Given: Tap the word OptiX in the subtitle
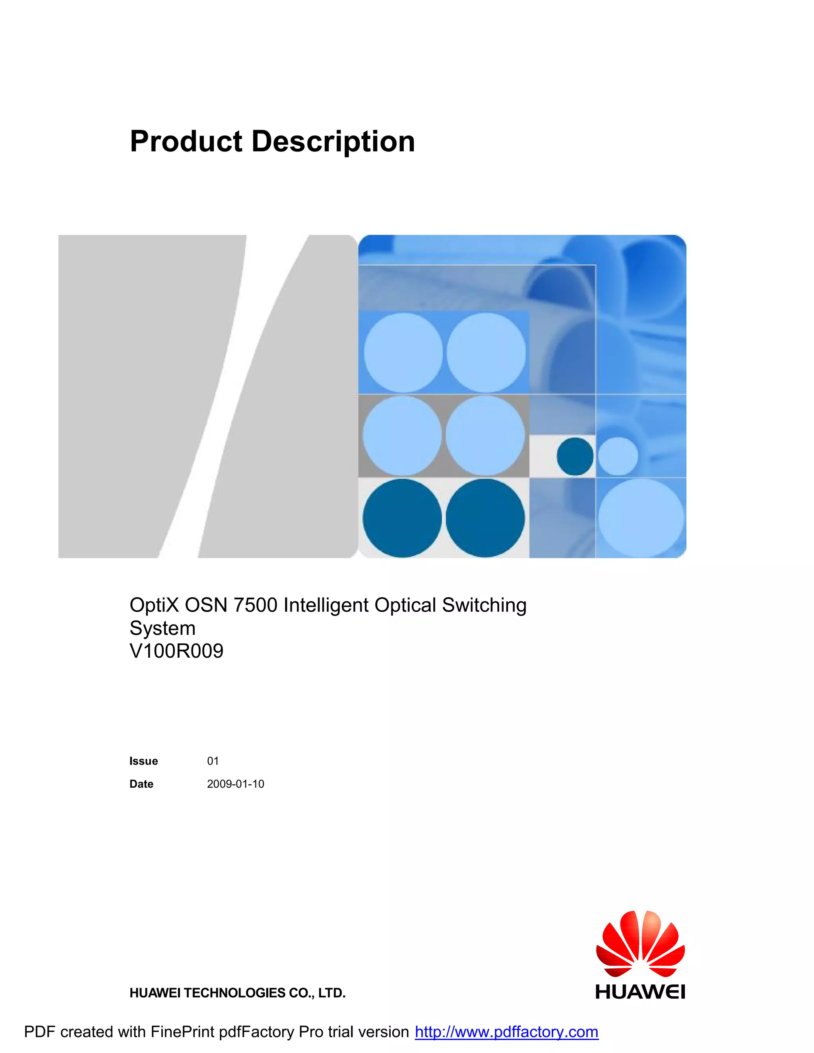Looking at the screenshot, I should [x=154, y=605].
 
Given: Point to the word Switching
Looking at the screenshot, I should [x=484, y=605].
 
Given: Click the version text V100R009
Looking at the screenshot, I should [x=176, y=651].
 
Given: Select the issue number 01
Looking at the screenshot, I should [x=213, y=761].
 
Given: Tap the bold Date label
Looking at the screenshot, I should [x=141, y=784].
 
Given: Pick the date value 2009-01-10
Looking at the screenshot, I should [x=235, y=784].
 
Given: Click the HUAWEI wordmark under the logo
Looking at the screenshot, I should [x=640, y=992].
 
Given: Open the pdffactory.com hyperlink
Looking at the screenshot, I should [x=506, y=1032].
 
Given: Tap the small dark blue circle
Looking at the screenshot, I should [x=575, y=456].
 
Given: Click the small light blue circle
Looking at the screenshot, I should [x=618, y=456].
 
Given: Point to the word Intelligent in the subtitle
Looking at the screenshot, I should [x=326, y=605].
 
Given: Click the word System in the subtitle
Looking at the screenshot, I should [x=163, y=628].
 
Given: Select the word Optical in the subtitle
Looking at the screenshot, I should [x=405, y=605].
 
